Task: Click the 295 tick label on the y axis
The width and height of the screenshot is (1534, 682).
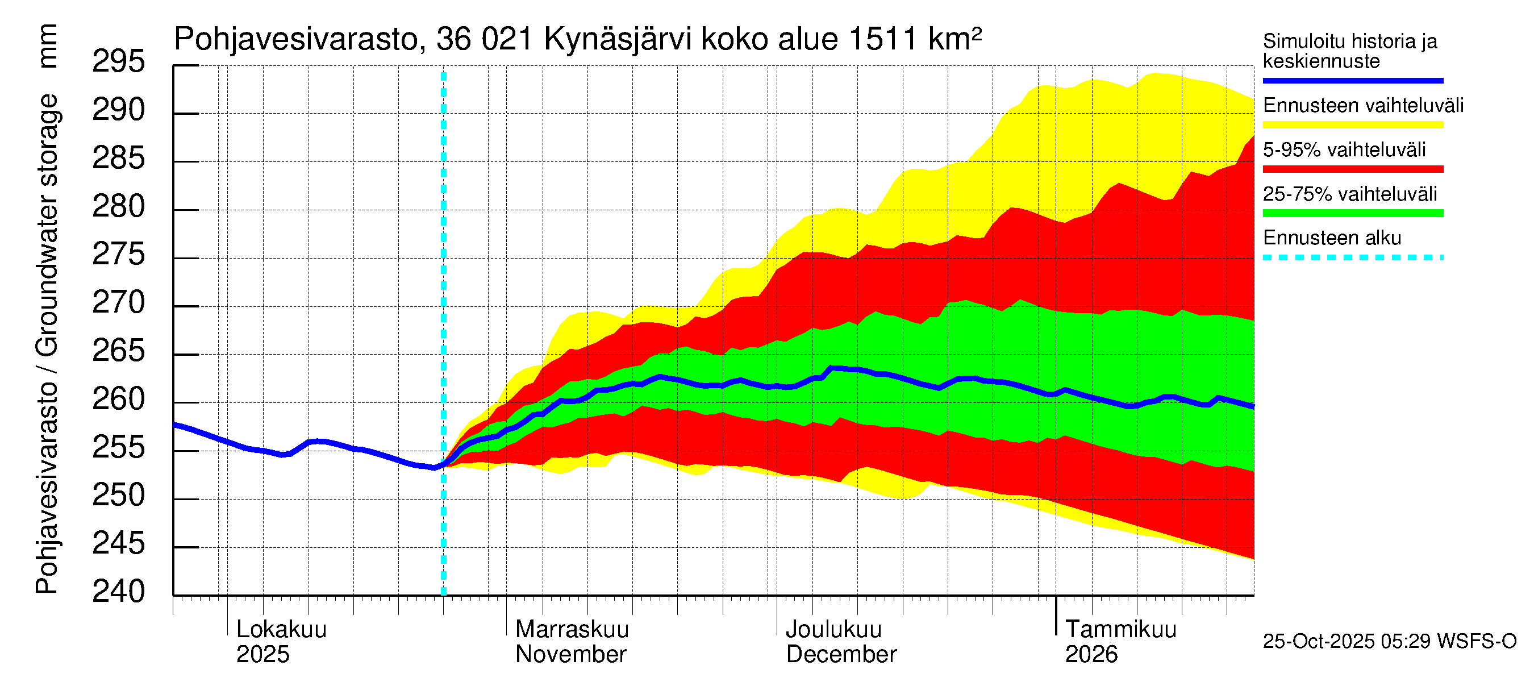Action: pos(119,61)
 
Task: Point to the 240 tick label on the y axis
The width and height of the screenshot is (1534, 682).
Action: pos(119,592)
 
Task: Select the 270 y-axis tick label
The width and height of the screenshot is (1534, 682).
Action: pos(119,302)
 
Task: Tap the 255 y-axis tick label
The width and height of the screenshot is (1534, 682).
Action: pos(119,447)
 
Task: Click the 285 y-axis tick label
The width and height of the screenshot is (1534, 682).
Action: pos(119,158)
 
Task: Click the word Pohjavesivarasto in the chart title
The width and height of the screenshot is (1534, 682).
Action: pos(296,40)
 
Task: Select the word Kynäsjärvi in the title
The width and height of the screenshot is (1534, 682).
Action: pos(618,40)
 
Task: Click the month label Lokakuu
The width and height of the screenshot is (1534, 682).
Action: pos(281,630)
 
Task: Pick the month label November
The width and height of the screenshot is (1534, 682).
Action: pos(570,655)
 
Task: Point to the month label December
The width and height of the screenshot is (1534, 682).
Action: pos(841,655)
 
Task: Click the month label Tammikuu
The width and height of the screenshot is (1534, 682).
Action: pos(1120,630)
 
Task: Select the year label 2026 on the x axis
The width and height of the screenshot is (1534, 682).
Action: pos(1091,655)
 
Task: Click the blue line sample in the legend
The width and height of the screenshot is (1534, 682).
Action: pos(1352,80)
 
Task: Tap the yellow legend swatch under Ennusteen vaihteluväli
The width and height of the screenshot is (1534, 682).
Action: pos(1352,125)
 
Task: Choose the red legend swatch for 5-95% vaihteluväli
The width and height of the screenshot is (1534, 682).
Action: pos(1352,169)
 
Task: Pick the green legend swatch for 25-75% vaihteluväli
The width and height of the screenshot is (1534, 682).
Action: pos(1352,213)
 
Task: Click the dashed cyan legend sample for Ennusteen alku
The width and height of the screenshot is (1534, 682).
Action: pos(1352,258)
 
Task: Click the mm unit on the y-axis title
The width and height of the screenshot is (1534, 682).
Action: pos(47,46)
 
